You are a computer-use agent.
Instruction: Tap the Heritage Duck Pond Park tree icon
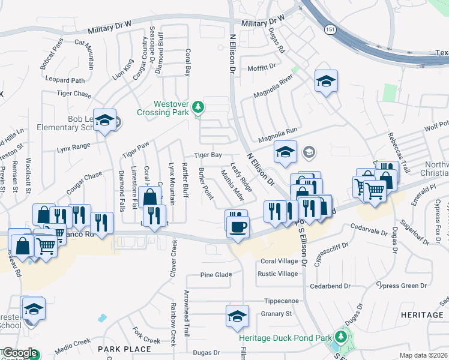[x=341, y=338]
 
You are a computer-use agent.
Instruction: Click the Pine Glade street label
[x=216, y=275]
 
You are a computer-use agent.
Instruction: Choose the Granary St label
[x=276, y=313]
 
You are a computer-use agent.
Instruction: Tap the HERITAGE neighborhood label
[x=422, y=314]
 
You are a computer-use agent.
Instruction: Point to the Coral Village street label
[x=279, y=262]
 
